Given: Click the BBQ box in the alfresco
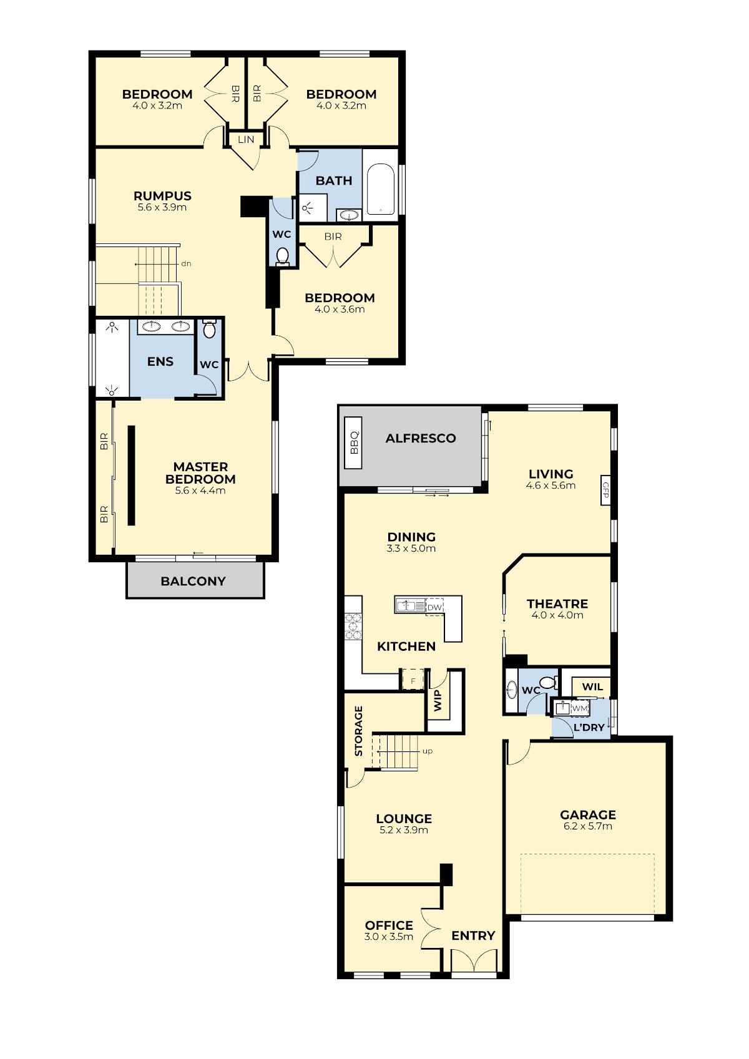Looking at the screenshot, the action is tap(353, 442).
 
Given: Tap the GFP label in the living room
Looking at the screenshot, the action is tap(605, 490).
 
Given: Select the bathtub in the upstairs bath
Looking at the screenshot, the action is tap(380, 188).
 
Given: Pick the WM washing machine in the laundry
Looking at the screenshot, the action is tap(580, 708).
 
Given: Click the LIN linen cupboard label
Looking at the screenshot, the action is tap(246, 139).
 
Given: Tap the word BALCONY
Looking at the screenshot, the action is tap(193, 581).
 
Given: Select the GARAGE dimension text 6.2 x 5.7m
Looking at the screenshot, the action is tap(588, 826).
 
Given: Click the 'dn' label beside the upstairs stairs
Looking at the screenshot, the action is tap(186, 264).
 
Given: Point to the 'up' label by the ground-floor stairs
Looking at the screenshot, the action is tap(428, 751).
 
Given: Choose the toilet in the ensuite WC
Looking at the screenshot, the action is tap(209, 329).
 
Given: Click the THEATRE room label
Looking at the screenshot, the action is tap(557, 603).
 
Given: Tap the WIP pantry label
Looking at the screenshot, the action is tap(438, 700).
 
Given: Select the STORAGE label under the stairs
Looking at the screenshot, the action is tap(358, 731).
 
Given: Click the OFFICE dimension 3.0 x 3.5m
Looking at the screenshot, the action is tap(389, 937).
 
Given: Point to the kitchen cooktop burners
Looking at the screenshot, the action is tap(353, 627).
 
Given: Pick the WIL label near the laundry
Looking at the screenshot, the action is tap(592, 686).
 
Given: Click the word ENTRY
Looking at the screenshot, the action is tap(473, 935).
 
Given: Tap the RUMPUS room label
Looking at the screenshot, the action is tap(162, 196).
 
